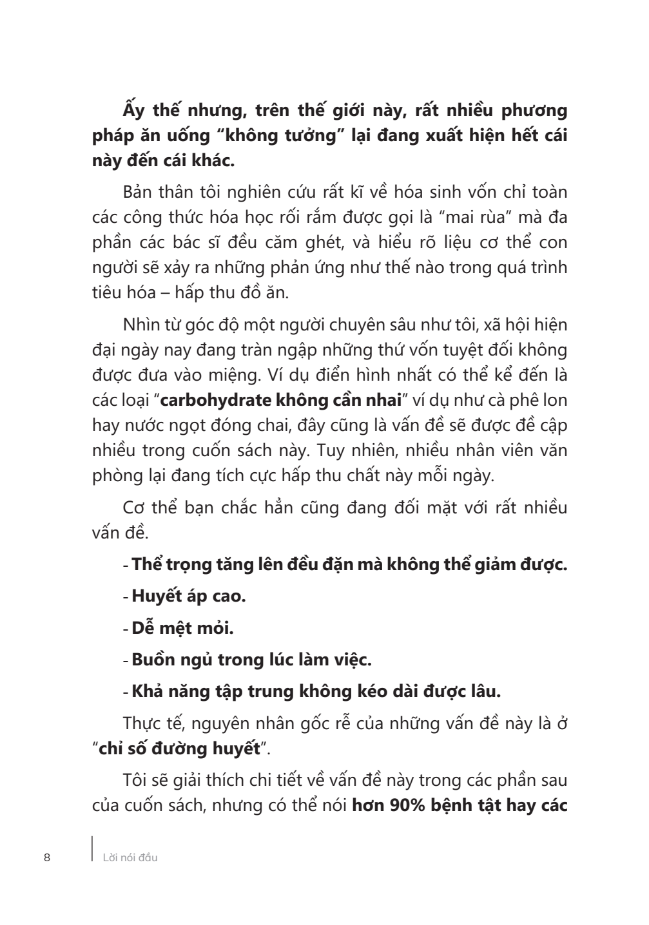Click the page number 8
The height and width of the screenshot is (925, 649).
click(x=46, y=857)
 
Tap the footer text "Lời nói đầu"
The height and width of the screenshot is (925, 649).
click(x=130, y=857)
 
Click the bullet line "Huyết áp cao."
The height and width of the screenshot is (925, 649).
click(x=189, y=595)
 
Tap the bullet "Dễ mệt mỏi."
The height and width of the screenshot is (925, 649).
click(x=182, y=627)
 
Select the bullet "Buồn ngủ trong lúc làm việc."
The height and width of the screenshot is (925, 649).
click(x=251, y=660)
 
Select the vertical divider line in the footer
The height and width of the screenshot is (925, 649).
click(x=93, y=849)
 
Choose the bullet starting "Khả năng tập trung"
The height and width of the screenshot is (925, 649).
click(x=316, y=691)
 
